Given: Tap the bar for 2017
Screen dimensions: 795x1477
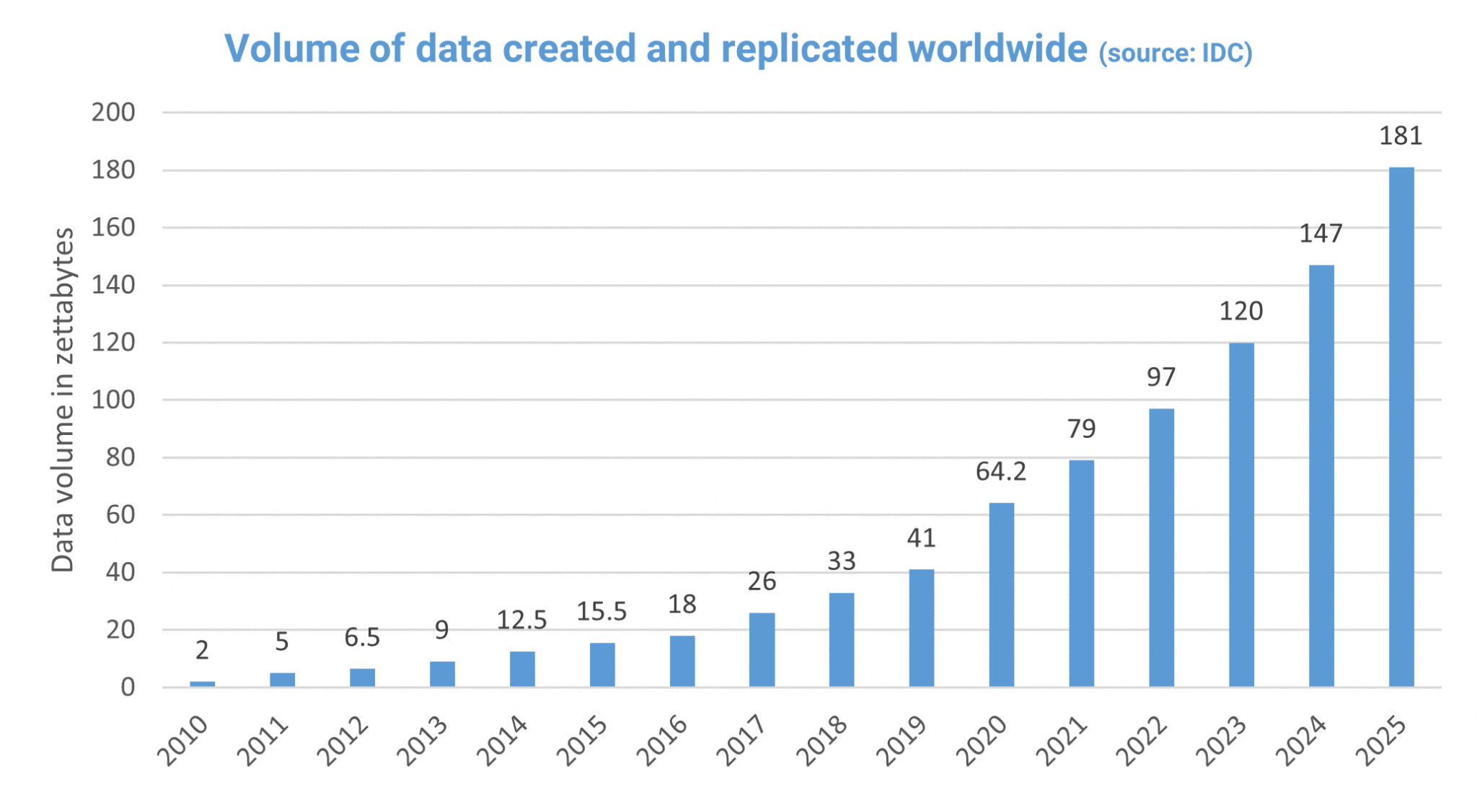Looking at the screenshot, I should [x=762, y=649].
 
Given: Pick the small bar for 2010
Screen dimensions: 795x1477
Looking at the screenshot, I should [x=202, y=683].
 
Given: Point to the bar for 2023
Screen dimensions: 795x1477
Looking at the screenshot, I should [x=1241, y=514].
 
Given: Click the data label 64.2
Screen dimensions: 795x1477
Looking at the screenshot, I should [x=1000, y=472].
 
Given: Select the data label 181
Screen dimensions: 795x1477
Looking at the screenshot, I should [x=1401, y=136].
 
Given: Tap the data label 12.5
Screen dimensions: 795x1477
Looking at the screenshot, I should [x=521, y=620].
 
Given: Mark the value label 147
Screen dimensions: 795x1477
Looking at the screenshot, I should [x=1321, y=234].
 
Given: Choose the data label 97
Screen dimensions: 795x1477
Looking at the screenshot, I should [x=1160, y=377].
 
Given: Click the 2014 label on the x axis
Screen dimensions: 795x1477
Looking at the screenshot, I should [x=503, y=741].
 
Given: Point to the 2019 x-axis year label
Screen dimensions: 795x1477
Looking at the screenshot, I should [x=902, y=741].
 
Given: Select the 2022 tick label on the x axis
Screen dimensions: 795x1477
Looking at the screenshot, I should [x=1142, y=741].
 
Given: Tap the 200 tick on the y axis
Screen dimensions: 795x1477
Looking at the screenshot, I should [x=113, y=113].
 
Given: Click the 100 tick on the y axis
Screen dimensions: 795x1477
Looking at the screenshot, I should [x=113, y=400].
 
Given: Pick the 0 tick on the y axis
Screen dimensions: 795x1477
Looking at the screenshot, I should [x=128, y=687].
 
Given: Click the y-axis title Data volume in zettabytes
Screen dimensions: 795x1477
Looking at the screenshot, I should [x=63, y=400].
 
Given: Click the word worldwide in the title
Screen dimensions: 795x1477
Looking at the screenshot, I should [x=997, y=48].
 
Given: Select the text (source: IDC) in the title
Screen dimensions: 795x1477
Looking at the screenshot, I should [x=1175, y=53].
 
